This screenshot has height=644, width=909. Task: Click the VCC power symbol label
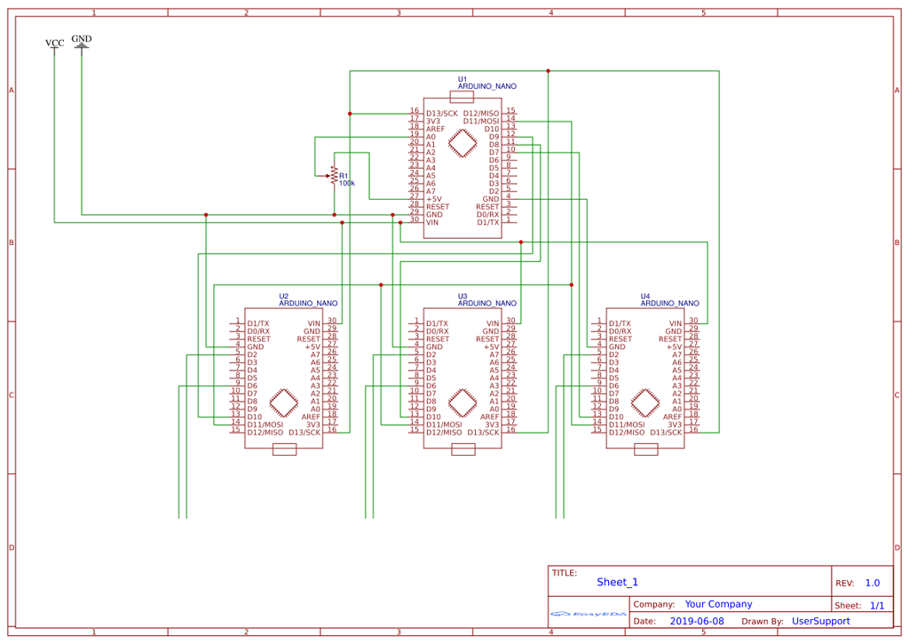(x=54, y=43)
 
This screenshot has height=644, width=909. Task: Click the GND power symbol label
(x=82, y=39)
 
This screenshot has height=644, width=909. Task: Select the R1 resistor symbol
(x=334, y=175)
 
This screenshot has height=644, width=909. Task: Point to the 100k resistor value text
(x=347, y=183)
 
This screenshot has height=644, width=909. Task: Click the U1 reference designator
(x=462, y=79)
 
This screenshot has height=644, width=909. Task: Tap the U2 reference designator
(x=284, y=296)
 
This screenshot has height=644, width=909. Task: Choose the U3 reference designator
(x=462, y=296)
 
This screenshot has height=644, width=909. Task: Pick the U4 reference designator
(x=645, y=296)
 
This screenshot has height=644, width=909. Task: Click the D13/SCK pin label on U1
(x=442, y=114)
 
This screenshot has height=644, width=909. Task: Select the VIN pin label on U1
(x=432, y=222)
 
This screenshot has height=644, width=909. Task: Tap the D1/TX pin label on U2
(x=260, y=324)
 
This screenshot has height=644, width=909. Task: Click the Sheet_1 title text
(x=617, y=583)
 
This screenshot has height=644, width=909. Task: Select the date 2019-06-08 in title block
(x=697, y=622)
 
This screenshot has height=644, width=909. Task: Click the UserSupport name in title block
(x=820, y=622)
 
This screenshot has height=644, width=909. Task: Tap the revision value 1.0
(x=872, y=584)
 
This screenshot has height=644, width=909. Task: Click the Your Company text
(x=718, y=604)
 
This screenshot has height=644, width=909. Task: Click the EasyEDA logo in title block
(x=588, y=614)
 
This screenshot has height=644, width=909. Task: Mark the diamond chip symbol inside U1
(x=462, y=143)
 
